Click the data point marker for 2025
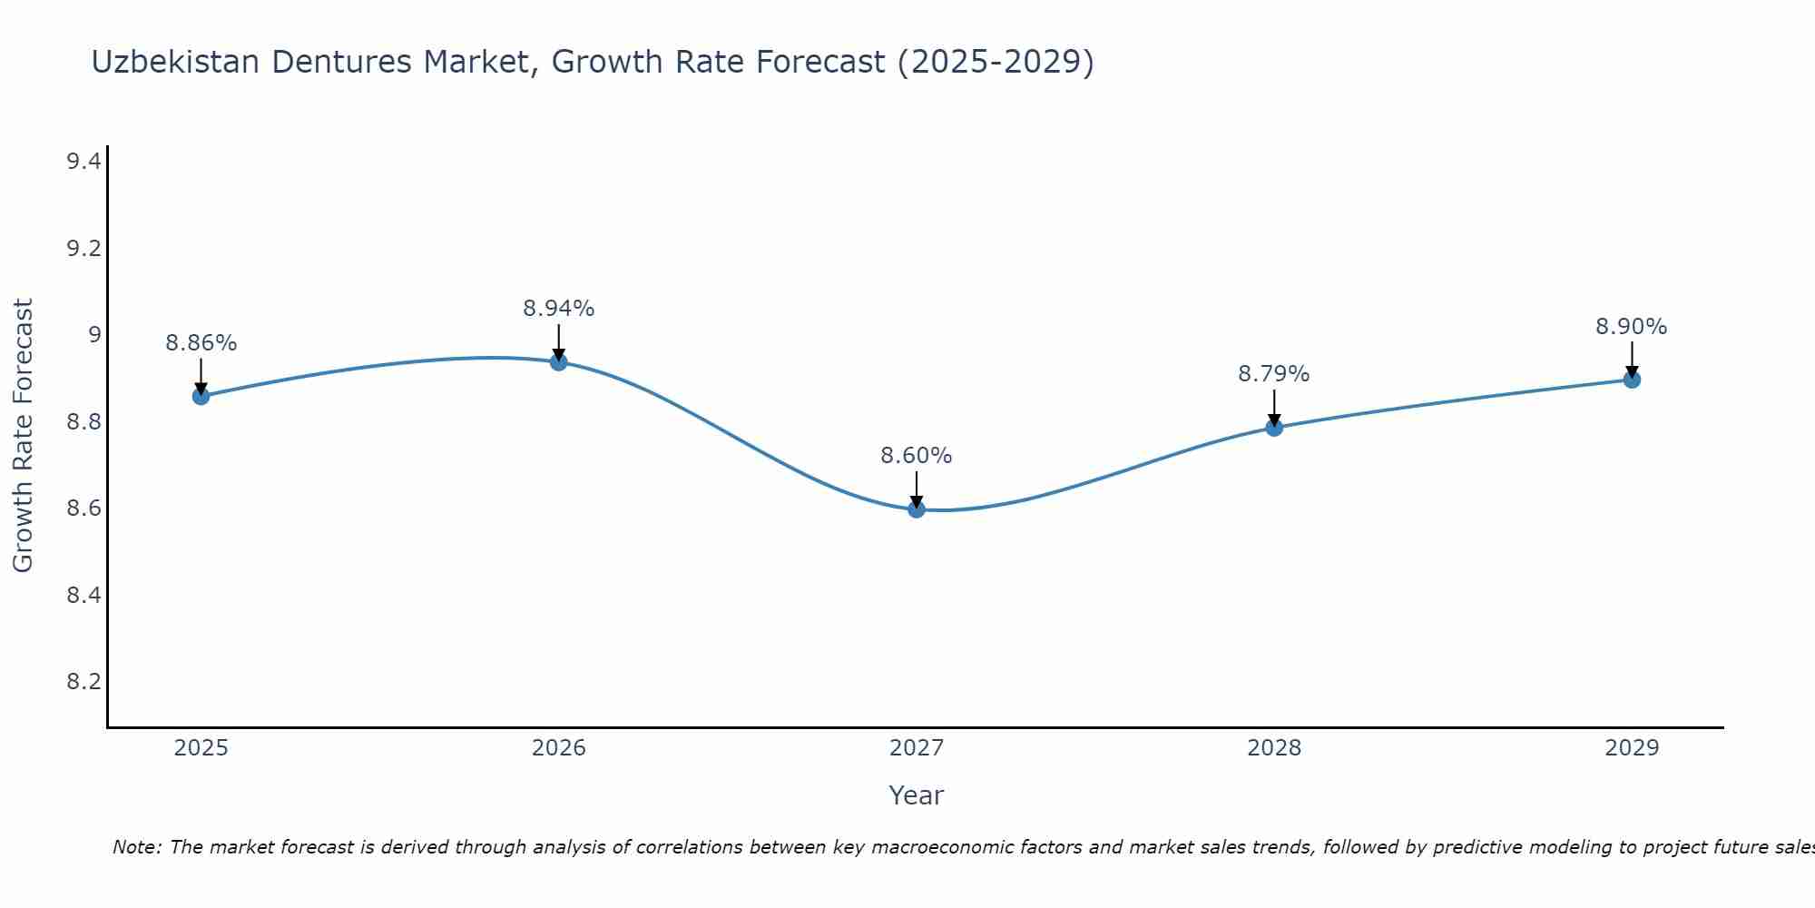pos(201,396)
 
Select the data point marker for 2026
pos(559,362)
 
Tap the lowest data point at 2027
pos(917,509)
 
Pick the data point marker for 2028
pos(1274,428)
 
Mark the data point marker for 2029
pos(1632,380)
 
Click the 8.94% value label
pos(559,309)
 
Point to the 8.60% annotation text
pos(917,456)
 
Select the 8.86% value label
pos(201,343)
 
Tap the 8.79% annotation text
pos(1274,374)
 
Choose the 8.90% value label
pos(1632,327)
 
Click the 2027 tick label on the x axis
pos(917,748)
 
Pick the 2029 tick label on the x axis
pos(1632,748)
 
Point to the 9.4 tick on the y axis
pos(83,162)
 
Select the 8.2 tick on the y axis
pos(83,682)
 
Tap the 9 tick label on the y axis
pos(93,335)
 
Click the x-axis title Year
pos(917,795)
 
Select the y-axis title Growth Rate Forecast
pos(23,436)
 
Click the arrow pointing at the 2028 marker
pos(1274,409)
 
